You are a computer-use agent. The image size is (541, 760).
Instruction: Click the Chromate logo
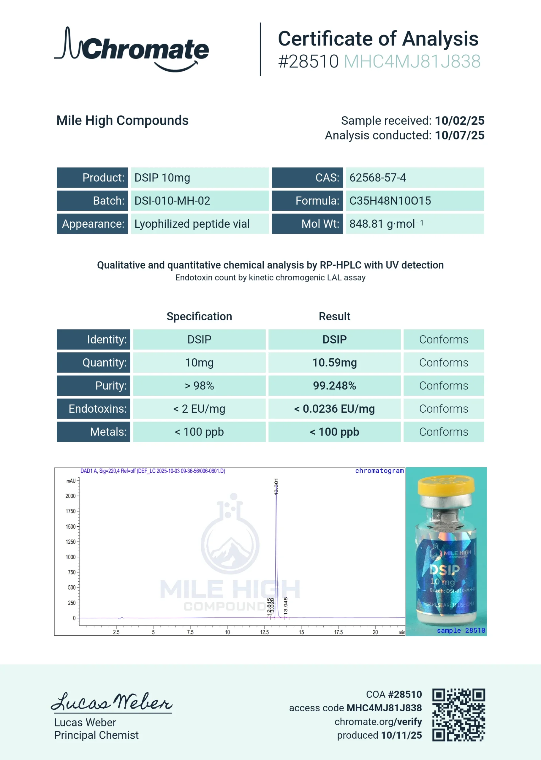coord(132,49)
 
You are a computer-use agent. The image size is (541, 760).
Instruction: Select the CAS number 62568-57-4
coord(377,178)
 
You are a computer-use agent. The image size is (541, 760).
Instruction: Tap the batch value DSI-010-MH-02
coord(172,201)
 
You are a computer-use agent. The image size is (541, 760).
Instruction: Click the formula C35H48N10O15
coord(390,201)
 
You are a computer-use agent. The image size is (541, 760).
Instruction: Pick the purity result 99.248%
coord(334,386)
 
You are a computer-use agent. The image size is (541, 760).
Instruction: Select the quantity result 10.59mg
coord(334,363)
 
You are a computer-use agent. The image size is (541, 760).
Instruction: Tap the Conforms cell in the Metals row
coord(443,432)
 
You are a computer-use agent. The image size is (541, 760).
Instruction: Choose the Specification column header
coord(199,316)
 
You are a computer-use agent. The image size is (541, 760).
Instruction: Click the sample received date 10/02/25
coord(459,121)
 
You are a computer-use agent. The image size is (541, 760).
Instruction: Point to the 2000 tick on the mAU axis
coord(71,496)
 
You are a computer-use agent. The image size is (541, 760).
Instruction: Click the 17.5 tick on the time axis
coord(338,632)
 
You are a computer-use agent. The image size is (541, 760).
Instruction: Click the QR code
coord(458,715)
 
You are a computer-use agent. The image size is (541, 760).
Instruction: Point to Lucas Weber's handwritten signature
coord(112,702)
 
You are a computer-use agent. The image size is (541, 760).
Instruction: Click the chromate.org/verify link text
coord(378,722)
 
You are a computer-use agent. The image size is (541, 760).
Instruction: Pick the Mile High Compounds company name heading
coord(122,121)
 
